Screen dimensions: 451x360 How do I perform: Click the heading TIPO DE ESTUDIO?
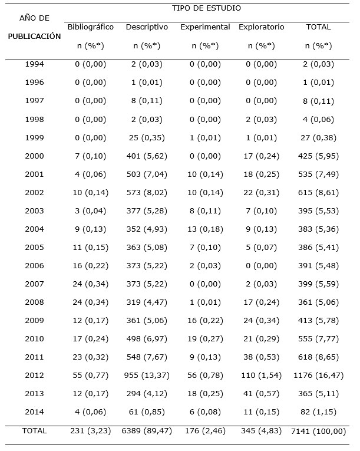[x=206, y=8]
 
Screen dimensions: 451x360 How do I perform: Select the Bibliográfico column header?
[x=91, y=27]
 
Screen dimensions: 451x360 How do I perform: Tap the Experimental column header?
[x=205, y=27]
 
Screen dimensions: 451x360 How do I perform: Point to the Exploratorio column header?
[x=262, y=27]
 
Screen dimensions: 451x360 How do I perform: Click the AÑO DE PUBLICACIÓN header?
[x=34, y=27]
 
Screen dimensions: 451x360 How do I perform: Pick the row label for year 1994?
[x=34, y=64]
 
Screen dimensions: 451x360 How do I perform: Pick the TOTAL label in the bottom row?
[x=34, y=431]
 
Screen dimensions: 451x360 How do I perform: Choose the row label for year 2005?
[x=34, y=247]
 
